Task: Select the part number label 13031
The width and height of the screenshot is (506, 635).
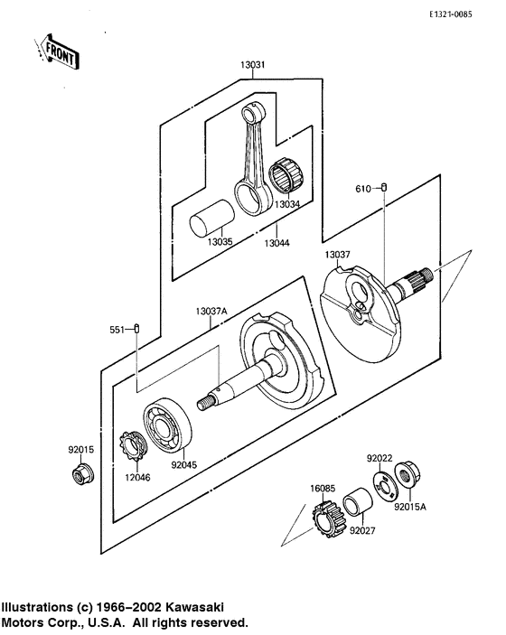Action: pos(253,65)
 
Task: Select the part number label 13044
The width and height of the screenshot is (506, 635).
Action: pos(277,243)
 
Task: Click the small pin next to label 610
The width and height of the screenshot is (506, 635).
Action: pos(385,188)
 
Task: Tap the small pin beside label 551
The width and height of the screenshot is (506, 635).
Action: pos(136,329)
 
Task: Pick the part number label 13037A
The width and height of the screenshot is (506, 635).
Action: pos(211,312)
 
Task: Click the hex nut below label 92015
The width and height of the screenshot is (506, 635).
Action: pos(80,474)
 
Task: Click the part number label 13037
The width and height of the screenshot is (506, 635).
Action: pos(337,256)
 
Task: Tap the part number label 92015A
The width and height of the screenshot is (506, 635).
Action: pos(409,507)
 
